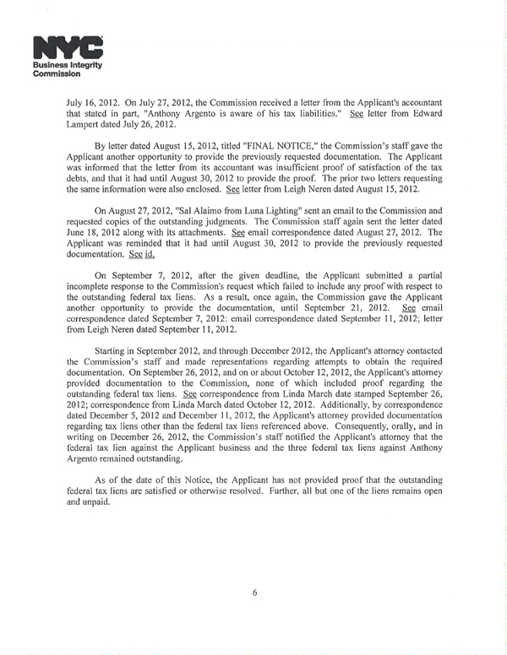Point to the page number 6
point(253,592)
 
